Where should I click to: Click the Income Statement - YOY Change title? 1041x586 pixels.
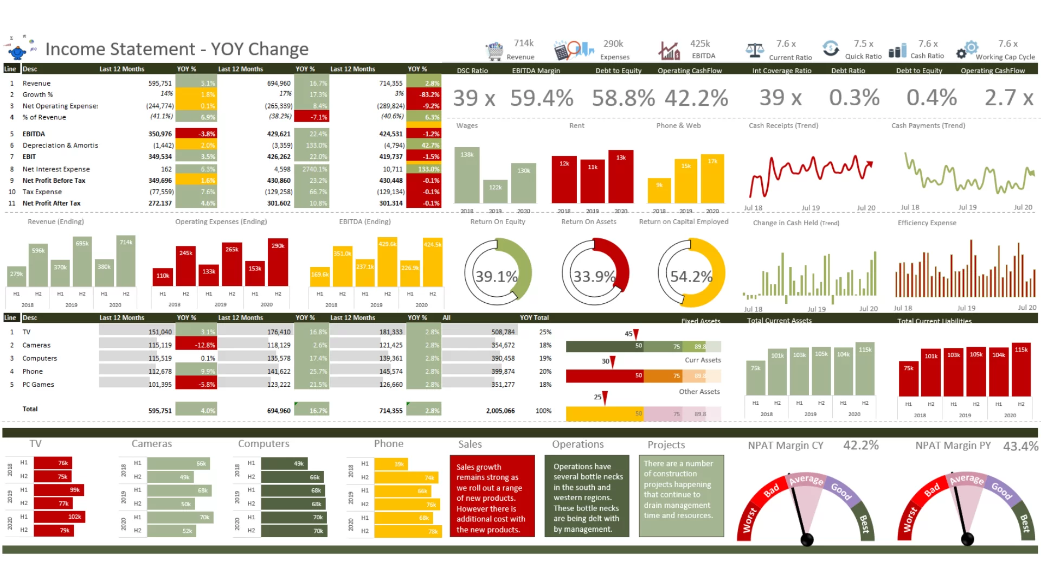[177, 49]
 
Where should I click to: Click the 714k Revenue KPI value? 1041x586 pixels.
[523, 43]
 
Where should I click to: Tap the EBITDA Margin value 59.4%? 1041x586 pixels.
[541, 98]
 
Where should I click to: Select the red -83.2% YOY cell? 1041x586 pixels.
[423, 94]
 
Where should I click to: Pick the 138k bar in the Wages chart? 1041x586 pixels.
[467, 175]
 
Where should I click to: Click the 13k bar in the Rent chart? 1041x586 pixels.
[621, 177]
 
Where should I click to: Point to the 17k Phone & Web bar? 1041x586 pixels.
[712, 180]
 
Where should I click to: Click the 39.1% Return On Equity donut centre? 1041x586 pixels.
[496, 277]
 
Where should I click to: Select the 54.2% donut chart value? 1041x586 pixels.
[691, 277]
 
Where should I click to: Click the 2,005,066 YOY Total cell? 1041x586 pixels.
[500, 411]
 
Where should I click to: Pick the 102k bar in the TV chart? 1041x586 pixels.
[60, 517]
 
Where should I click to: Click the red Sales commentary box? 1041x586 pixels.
[492, 496]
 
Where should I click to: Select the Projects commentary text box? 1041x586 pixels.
[681, 495]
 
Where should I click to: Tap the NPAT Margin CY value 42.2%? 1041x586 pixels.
[860, 445]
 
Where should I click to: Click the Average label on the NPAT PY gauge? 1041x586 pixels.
[966, 480]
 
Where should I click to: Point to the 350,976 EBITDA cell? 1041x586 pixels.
[160, 134]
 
